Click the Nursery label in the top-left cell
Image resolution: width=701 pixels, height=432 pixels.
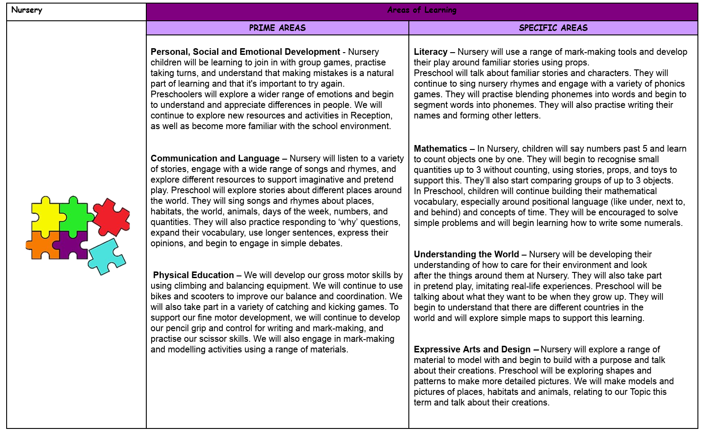point(27,10)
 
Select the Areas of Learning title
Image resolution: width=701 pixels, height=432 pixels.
point(422,10)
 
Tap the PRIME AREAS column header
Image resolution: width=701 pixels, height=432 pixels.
point(277,28)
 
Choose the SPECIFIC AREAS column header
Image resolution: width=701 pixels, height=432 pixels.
point(553,28)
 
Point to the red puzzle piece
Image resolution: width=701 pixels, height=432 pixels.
point(111,216)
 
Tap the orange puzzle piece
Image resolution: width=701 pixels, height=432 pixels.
point(42,246)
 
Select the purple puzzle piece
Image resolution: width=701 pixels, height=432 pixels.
point(72,245)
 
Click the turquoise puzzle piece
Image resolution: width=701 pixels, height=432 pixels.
point(106,256)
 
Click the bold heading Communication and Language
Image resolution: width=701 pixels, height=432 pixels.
point(215,158)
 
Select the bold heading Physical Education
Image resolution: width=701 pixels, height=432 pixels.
point(193,275)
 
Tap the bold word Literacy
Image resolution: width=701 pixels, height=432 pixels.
point(431,52)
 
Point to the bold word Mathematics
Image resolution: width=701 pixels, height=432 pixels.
point(440,149)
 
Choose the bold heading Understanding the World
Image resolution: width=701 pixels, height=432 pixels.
point(466,254)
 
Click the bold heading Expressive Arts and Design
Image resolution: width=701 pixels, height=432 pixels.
point(472,349)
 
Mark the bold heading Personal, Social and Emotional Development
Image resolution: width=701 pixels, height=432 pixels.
point(245,52)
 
